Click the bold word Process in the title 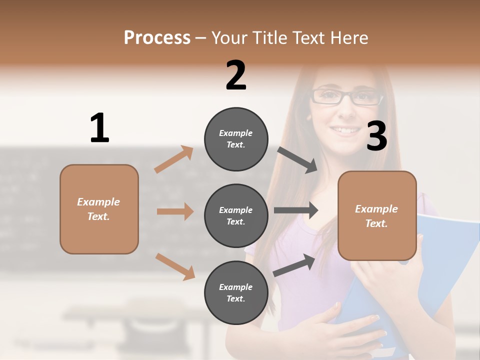(157, 37)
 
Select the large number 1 (99, 128)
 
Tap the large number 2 (236, 75)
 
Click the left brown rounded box (99, 209)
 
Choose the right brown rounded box (377, 215)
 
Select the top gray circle (236, 139)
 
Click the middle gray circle (236, 215)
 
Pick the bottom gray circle (236, 292)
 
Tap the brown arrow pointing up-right (174, 159)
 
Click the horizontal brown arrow (175, 211)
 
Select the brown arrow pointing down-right (175, 266)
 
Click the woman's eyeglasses (346, 96)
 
